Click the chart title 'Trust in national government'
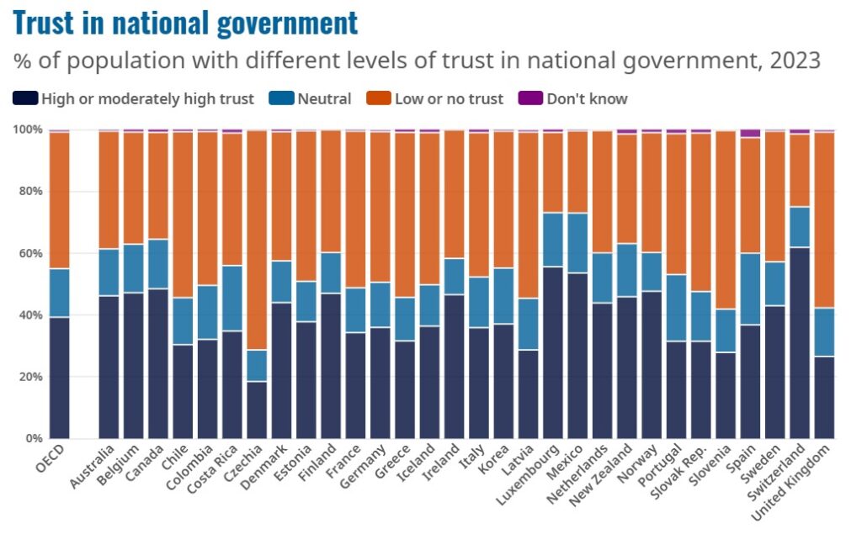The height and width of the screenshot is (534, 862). [185, 23]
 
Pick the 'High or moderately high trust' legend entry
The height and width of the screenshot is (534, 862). [135, 98]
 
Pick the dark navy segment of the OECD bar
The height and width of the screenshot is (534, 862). [59, 378]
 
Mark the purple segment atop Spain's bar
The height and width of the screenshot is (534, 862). [750, 133]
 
